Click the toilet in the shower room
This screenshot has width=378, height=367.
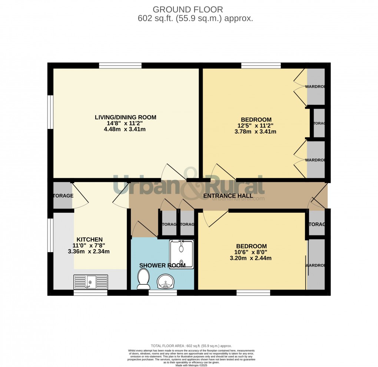click(143, 279)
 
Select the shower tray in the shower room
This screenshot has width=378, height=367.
click(181, 254)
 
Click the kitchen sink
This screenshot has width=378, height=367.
click(91, 282)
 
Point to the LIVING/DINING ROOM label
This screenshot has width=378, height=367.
click(126, 118)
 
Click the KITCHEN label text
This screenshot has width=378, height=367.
click(90, 239)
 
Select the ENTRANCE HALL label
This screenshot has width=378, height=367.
click(228, 196)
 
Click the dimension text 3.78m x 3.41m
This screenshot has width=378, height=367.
click(255, 132)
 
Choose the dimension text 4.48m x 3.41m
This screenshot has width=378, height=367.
click(125, 129)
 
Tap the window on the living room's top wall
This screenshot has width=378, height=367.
click(120, 66)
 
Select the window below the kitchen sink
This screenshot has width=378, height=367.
click(90, 293)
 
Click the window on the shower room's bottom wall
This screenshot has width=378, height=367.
click(163, 293)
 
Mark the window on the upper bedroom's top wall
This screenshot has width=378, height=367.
click(261, 66)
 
